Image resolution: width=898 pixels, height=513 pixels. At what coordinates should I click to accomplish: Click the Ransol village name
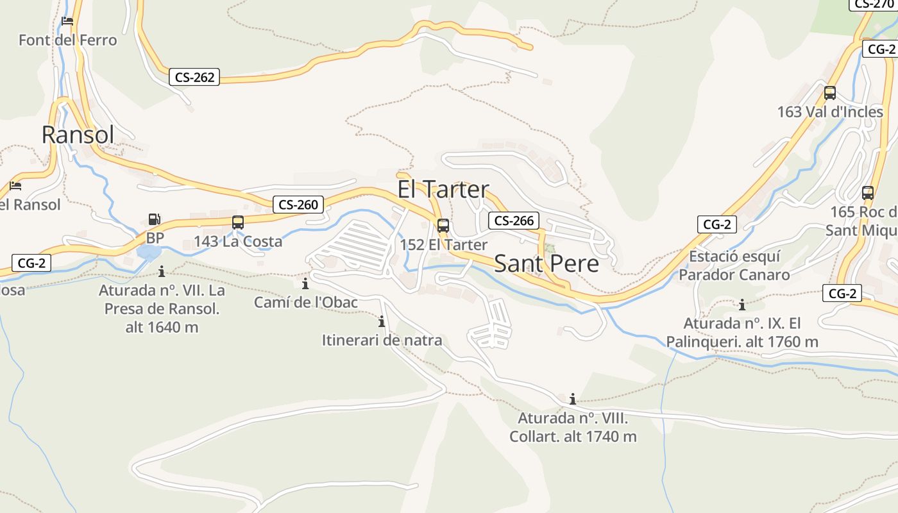[x=78, y=135]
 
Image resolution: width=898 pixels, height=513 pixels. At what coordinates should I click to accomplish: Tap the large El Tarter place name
[x=443, y=190]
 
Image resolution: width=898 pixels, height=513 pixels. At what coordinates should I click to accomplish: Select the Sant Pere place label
[x=546, y=264]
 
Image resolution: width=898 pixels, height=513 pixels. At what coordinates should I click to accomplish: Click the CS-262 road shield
[x=195, y=78]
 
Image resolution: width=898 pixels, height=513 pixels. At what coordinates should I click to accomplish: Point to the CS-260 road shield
[x=298, y=205]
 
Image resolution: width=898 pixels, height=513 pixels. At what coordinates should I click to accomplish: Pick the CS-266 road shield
[x=514, y=221]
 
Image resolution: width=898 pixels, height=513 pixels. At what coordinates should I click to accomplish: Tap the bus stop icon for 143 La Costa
[x=238, y=223]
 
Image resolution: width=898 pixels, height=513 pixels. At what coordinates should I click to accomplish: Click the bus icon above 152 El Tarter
[x=443, y=226]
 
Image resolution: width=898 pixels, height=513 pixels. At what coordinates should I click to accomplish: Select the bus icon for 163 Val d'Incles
[x=830, y=93]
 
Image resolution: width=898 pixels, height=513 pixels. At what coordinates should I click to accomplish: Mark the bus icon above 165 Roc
[x=868, y=192]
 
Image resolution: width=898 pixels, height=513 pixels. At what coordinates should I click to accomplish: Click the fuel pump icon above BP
[x=155, y=219]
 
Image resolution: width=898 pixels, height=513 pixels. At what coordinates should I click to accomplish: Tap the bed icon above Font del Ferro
[x=67, y=21]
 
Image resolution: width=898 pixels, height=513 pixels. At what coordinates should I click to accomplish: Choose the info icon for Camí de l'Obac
[x=305, y=283]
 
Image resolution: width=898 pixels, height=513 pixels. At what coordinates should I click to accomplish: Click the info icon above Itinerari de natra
[x=382, y=321]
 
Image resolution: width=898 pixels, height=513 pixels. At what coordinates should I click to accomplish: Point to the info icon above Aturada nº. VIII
[x=573, y=399]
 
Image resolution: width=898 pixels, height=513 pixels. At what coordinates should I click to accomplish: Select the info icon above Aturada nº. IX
[x=742, y=305]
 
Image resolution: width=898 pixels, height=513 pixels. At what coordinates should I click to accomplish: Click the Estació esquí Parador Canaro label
[x=734, y=265]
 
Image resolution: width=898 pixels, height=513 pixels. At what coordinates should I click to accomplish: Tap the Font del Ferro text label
[x=68, y=40]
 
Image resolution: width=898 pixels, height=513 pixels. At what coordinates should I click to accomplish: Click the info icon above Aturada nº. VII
[x=162, y=271]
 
